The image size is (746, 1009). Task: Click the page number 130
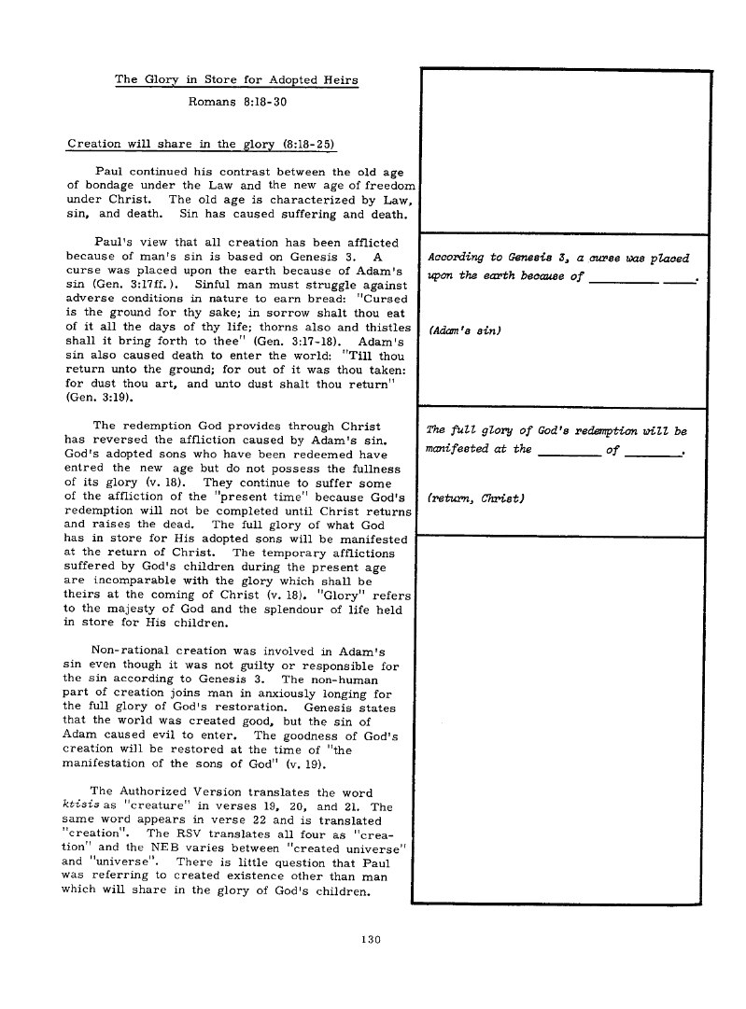pos(373,940)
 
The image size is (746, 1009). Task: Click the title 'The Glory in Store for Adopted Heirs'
pos(236,80)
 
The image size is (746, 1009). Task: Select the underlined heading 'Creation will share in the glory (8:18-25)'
pos(202,144)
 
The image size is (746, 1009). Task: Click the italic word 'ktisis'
pos(80,806)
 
